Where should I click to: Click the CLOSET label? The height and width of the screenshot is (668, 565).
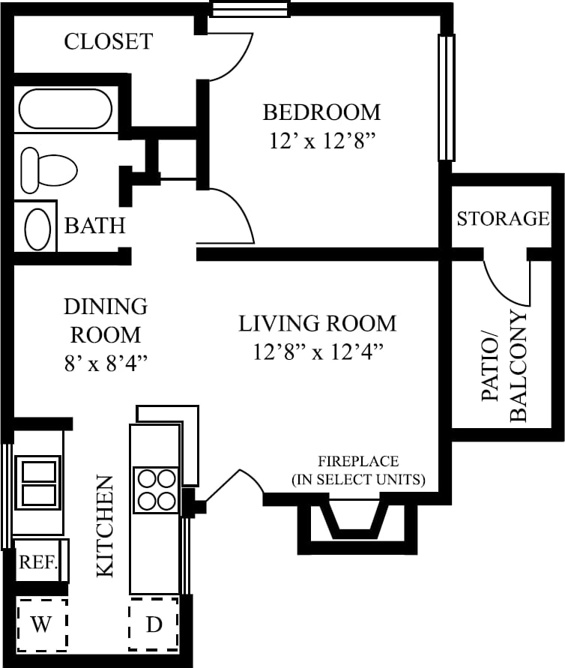click(108, 41)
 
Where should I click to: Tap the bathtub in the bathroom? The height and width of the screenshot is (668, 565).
click(64, 109)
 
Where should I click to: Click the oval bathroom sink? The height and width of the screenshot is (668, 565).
click(37, 228)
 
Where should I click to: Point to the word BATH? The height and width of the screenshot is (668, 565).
click(94, 225)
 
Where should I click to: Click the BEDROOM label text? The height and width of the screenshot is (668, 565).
click(321, 112)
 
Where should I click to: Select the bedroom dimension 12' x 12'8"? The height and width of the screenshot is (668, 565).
click(322, 141)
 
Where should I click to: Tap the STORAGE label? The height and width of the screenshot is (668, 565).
click(503, 218)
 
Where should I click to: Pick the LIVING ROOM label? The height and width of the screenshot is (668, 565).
click(317, 324)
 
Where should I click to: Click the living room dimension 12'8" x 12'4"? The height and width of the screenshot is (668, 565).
click(318, 352)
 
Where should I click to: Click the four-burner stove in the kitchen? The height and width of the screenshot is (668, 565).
click(156, 490)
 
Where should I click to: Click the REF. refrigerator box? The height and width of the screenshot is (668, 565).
click(39, 562)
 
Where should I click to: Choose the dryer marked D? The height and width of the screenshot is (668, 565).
click(154, 625)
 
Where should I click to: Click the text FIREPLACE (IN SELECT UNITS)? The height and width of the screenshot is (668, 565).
click(358, 470)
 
